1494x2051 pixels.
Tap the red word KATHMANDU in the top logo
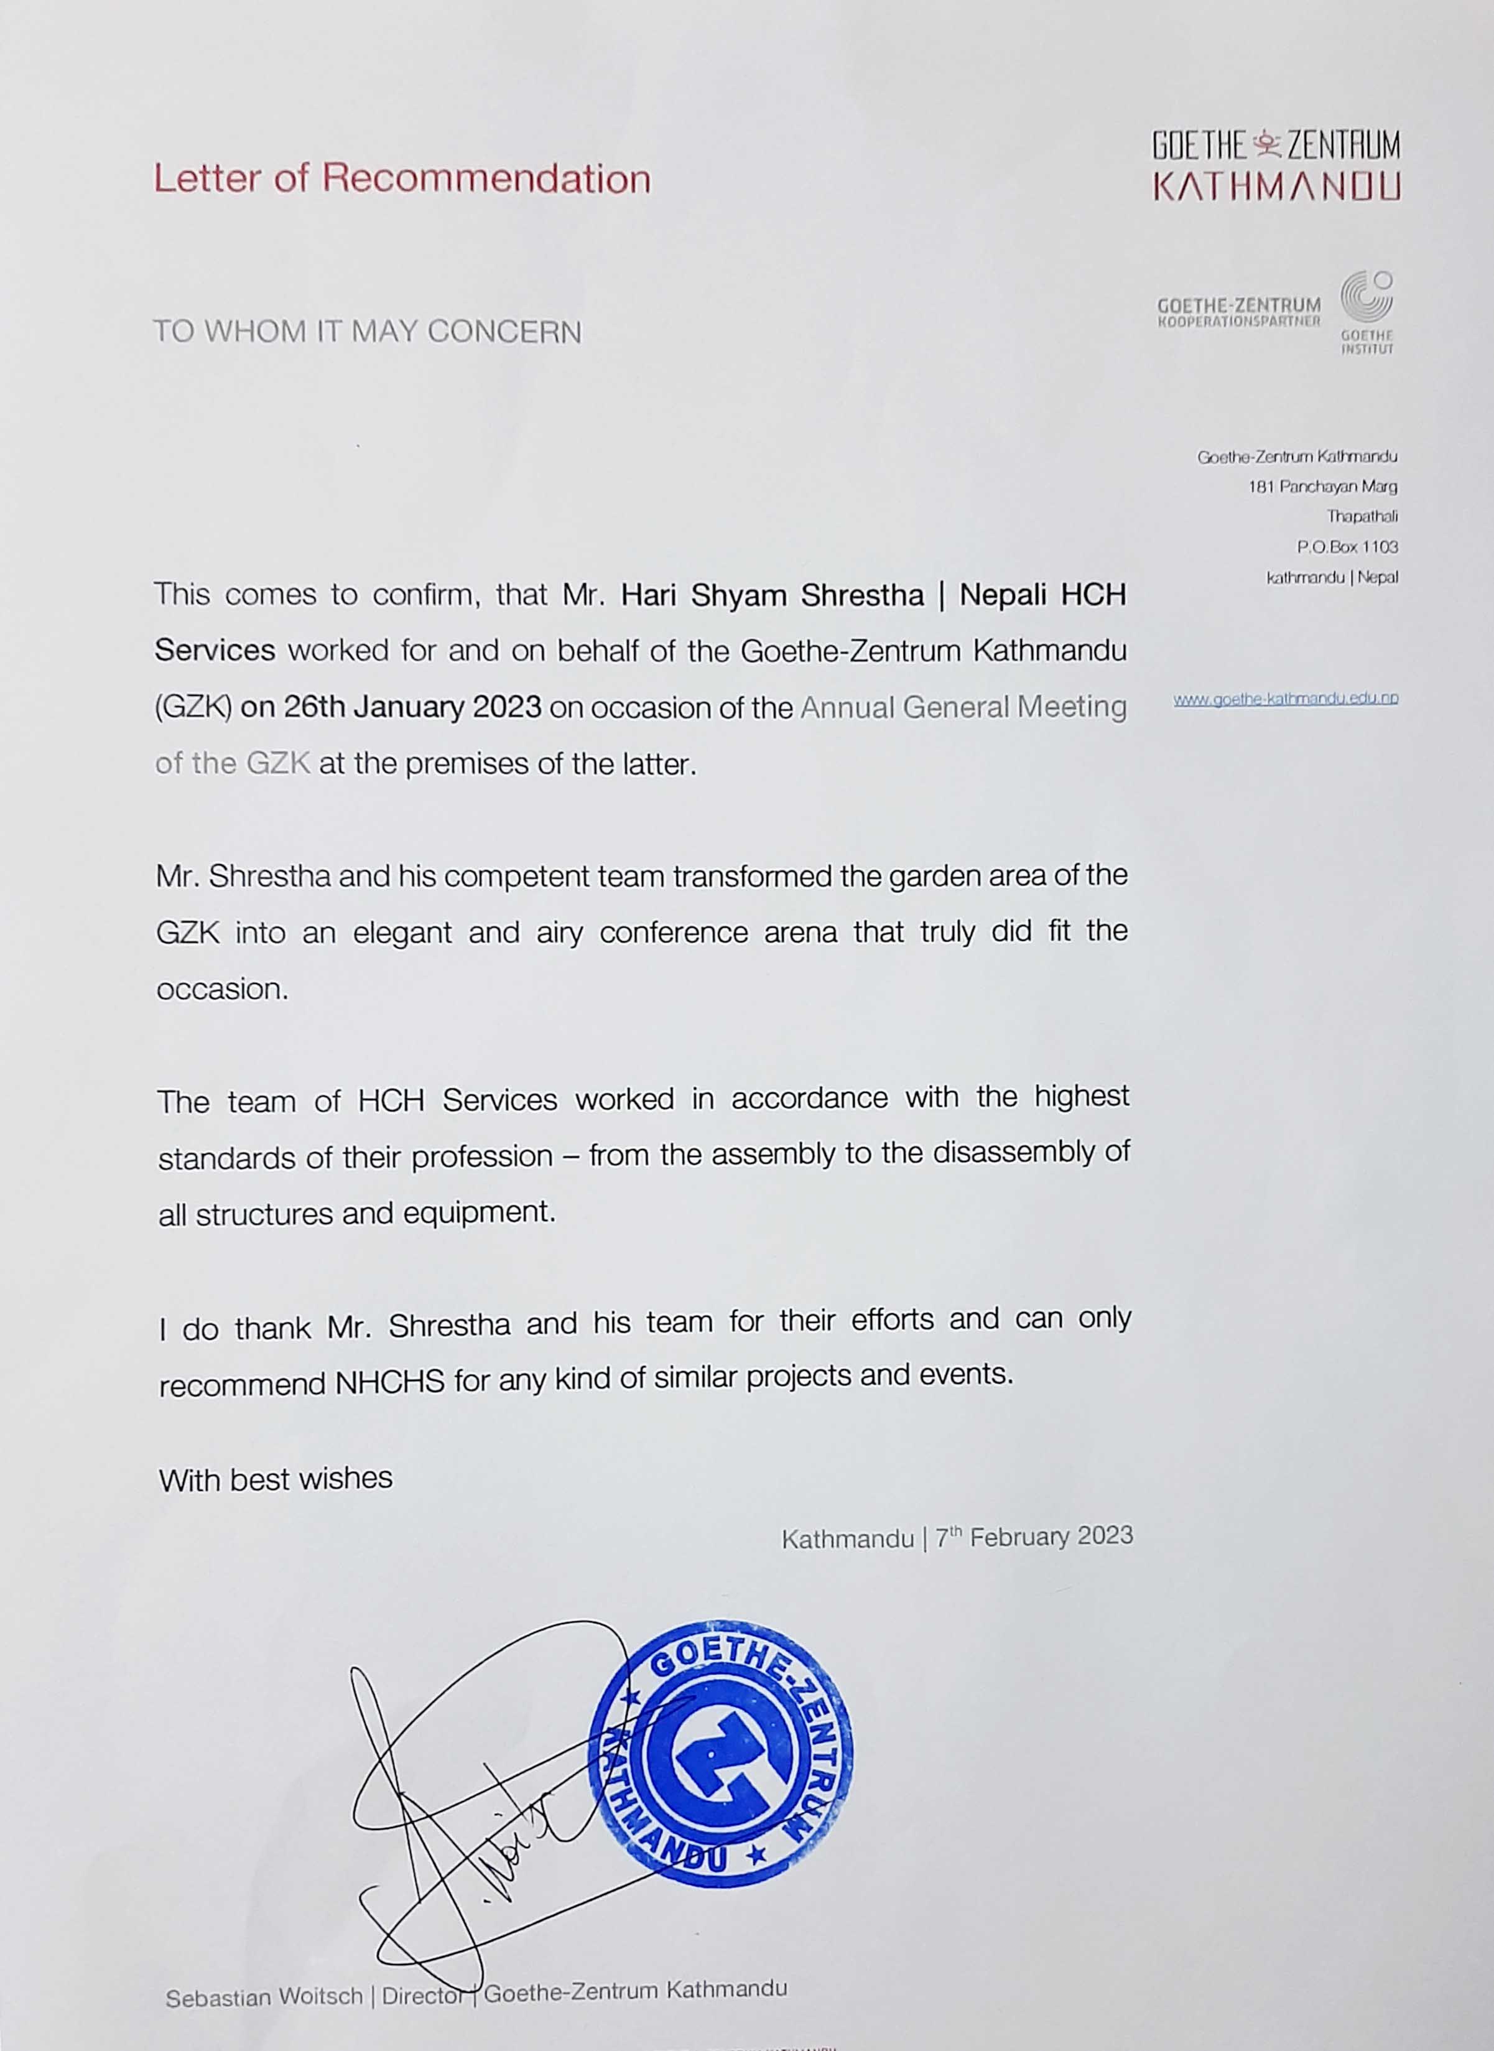coord(1276,186)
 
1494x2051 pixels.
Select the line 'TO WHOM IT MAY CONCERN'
coord(367,332)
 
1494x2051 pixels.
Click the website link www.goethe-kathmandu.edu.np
coord(1285,698)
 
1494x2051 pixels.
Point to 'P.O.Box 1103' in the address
coord(1347,546)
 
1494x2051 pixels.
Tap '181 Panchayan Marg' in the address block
coord(1322,486)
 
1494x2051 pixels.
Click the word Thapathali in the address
coord(1362,516)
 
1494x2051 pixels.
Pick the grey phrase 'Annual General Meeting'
coord(963,706)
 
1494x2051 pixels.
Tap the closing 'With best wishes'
coord(276,1479)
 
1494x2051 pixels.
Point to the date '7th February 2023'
coord(1034,1537)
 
